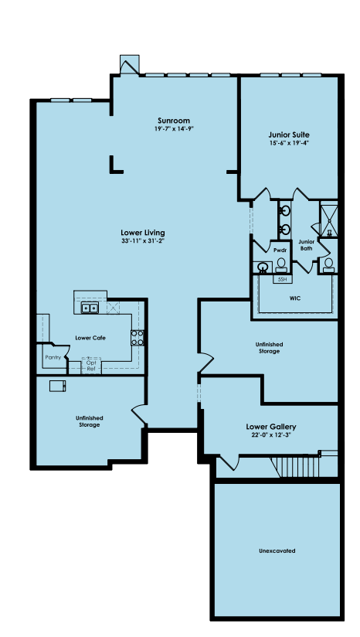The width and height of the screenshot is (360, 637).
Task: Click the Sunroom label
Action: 174,121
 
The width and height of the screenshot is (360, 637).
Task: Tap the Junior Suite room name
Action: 289,135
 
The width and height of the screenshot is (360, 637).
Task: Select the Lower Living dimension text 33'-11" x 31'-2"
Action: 143,240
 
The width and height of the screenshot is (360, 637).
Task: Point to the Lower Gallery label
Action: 271,427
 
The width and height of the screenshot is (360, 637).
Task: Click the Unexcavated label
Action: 277,551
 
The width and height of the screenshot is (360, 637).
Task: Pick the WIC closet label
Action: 295,298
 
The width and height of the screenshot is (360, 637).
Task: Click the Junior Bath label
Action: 306,244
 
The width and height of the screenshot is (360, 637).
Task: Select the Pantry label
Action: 53,357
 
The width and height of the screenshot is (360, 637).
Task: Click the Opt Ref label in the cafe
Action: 91,365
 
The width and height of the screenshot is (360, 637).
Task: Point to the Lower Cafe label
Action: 90,338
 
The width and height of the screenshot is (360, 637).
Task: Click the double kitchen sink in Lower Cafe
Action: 90,308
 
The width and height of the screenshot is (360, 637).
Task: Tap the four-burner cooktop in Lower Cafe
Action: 138,338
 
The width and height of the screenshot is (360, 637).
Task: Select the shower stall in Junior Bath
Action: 329,219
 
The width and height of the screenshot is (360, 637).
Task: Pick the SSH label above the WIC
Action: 282,280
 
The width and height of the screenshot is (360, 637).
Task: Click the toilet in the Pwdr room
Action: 281,265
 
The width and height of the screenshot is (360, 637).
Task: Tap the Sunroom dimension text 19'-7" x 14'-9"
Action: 174,129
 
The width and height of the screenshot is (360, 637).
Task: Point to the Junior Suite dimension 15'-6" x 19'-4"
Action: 289,143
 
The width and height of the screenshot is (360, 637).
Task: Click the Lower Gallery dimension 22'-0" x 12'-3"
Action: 271,434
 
